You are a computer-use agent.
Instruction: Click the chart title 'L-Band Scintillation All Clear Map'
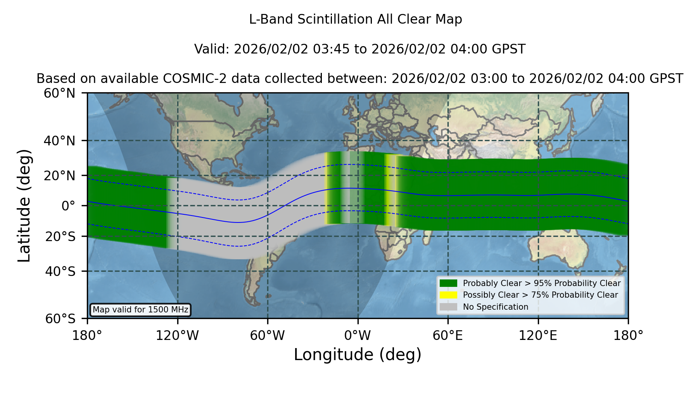click(355, 19)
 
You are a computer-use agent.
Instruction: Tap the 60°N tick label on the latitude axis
click(59, 93)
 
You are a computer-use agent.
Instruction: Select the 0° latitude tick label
click(68, 206)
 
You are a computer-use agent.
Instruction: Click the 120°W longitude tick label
click(177, 335)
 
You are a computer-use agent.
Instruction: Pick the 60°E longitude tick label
click(448, 335)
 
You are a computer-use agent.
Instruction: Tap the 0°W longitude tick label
click(358, 335)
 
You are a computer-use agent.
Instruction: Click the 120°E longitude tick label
click(538, 335)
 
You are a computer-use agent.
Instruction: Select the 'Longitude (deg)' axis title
click(358, 355)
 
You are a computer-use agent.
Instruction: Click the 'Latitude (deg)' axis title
click(24, 205)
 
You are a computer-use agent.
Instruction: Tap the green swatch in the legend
click(448, 283)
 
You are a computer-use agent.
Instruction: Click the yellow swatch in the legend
click(448, 295)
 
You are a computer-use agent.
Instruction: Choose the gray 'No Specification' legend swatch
click(448, 307)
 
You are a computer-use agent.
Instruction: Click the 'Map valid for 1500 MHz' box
click(140, 310)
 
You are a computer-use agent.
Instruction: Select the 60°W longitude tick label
click(268, 335)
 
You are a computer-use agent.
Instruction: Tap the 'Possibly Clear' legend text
click(491, 295)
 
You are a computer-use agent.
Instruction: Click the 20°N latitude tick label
click(59, 176)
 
